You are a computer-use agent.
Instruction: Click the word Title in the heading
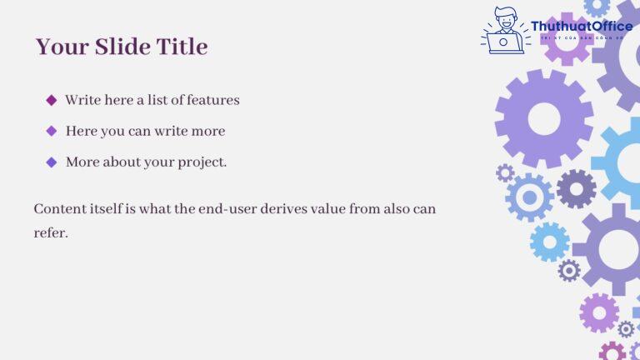[x=182, y=47]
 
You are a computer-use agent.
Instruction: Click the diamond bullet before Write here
[x=51, y=100]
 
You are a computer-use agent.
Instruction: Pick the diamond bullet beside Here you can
[x=51, y=131]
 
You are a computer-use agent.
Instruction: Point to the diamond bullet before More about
[x=51, y=162]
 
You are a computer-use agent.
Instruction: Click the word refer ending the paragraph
[x=50, y=232]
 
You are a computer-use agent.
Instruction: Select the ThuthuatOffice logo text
[x=581, y=27]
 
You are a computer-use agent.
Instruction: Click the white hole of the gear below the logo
[x=544, y=119]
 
